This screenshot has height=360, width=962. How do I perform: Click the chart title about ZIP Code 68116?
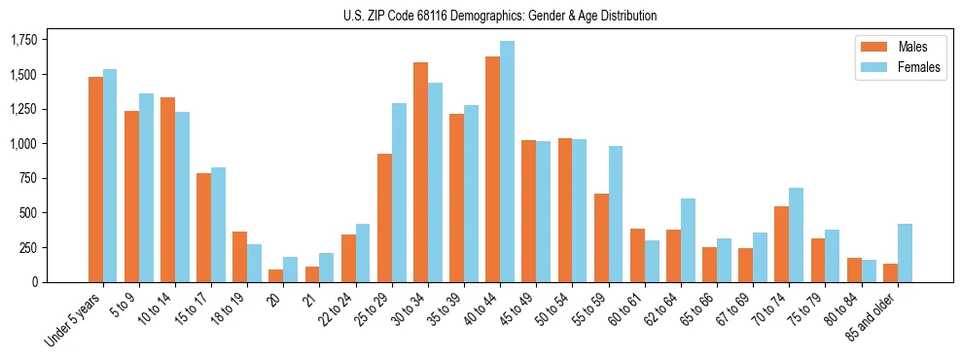[500, 16]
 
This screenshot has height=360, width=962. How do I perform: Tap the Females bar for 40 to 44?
[507, 162]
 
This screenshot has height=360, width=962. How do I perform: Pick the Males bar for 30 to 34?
[420, 172]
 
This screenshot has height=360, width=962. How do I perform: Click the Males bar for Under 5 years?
[95, 179]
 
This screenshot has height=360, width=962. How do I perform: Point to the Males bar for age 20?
[275, 275]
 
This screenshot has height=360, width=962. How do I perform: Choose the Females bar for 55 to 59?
[616, 214]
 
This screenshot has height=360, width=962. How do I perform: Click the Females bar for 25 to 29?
[399, 193]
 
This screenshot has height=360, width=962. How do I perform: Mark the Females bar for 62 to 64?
[688, 240]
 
